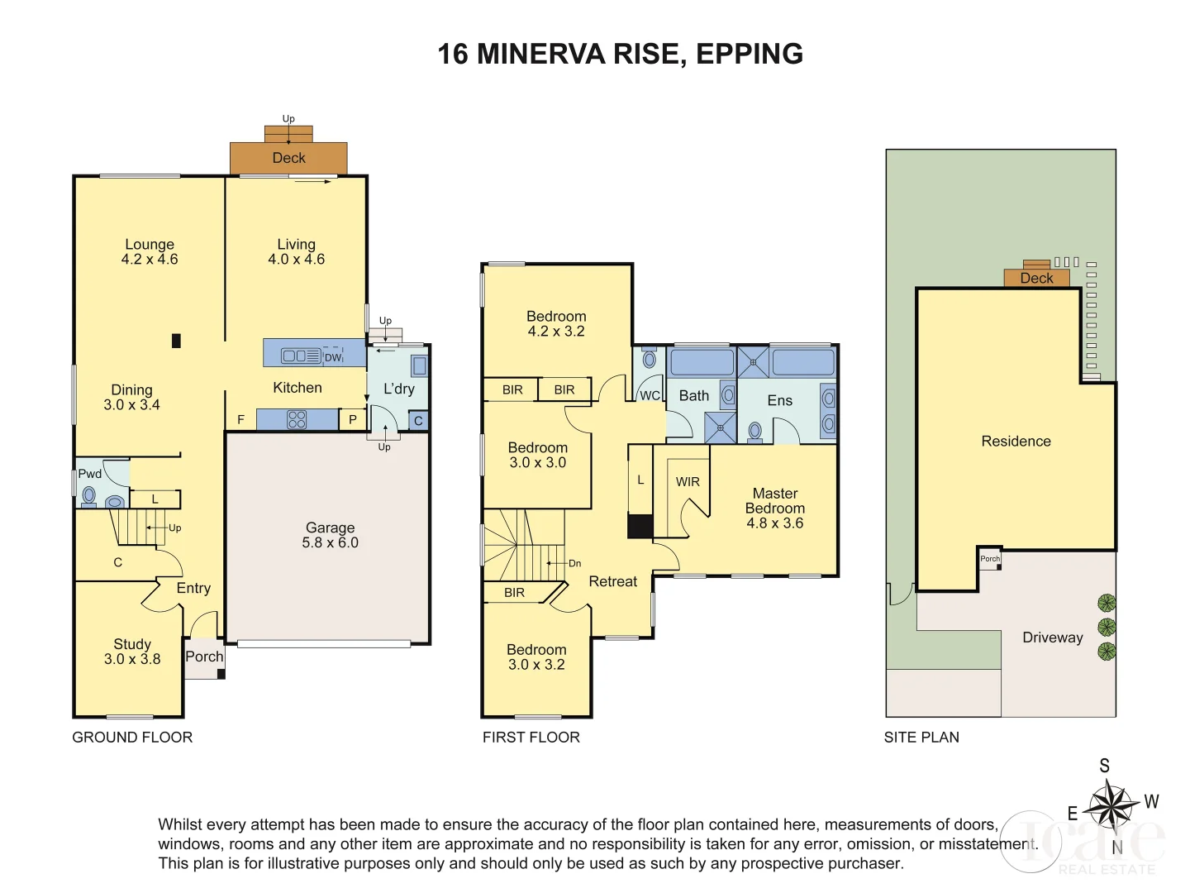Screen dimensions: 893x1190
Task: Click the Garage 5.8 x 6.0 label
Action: (330, 535)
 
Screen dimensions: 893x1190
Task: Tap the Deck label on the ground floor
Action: (288, 158)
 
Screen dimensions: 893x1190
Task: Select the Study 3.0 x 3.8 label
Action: (132, 652)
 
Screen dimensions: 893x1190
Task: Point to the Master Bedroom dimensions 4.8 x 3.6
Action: (774, 523)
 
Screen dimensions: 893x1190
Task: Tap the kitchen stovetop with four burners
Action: (297, 420)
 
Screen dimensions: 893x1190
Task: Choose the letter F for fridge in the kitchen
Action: (241, 420)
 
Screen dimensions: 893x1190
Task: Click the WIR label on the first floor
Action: (688, 482)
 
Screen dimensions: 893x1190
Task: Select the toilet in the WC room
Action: (650, 360)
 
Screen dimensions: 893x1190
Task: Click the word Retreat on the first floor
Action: (612, 581)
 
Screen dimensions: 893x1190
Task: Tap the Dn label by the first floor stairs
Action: (574, 564)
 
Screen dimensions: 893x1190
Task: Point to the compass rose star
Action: (1111, 805)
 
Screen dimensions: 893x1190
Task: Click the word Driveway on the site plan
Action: (1052, 638)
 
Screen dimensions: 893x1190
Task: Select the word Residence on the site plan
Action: (1016, 442)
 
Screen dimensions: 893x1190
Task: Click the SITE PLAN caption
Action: (921, 738)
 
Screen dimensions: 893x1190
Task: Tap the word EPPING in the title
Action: (750, 55)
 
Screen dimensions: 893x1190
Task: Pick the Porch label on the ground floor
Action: (204, 657)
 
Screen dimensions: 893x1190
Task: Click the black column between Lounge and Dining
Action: (176, 340)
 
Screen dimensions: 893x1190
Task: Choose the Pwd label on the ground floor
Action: (89, 474)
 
